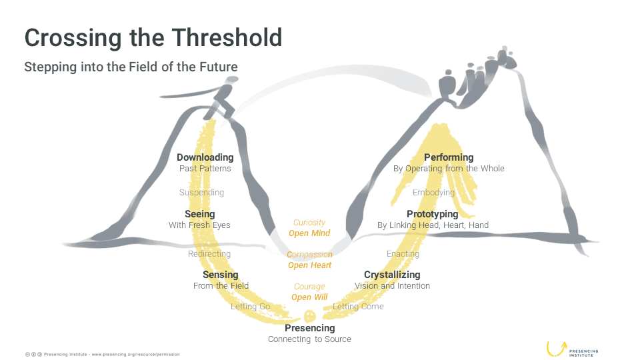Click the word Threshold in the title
[227, 37]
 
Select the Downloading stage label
[205, 157]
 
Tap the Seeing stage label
[199, 214]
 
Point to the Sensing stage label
[221, 275]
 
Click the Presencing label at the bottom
[310, 328]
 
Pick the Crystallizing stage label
[392, 275]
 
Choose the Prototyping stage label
[433, 214]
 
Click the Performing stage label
[449, 157]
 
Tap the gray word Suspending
[201, 192]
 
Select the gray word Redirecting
[209, 254]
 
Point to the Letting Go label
[250, 306]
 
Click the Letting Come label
[359, 306]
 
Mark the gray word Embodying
[433, 192]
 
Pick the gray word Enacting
[403, 254]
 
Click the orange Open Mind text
[309, 233]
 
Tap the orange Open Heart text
[310, 265]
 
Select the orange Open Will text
[309, 297]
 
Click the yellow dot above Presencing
[310, 316]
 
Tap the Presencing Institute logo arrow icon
[557, 349]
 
